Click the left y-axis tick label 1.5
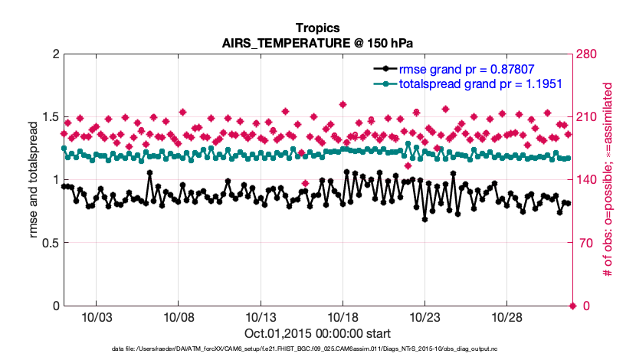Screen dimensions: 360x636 point(49,117)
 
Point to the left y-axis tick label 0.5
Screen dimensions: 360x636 point(49,243)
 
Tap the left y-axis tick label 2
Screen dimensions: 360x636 point(55,54)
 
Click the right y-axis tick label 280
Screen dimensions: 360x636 point(588,54)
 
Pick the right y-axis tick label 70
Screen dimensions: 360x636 point(585,243)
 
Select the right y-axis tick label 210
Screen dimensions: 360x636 point(588,117)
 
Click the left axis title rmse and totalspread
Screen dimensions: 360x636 point(34,180)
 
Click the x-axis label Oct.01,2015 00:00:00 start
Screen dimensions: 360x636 point(317,334)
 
